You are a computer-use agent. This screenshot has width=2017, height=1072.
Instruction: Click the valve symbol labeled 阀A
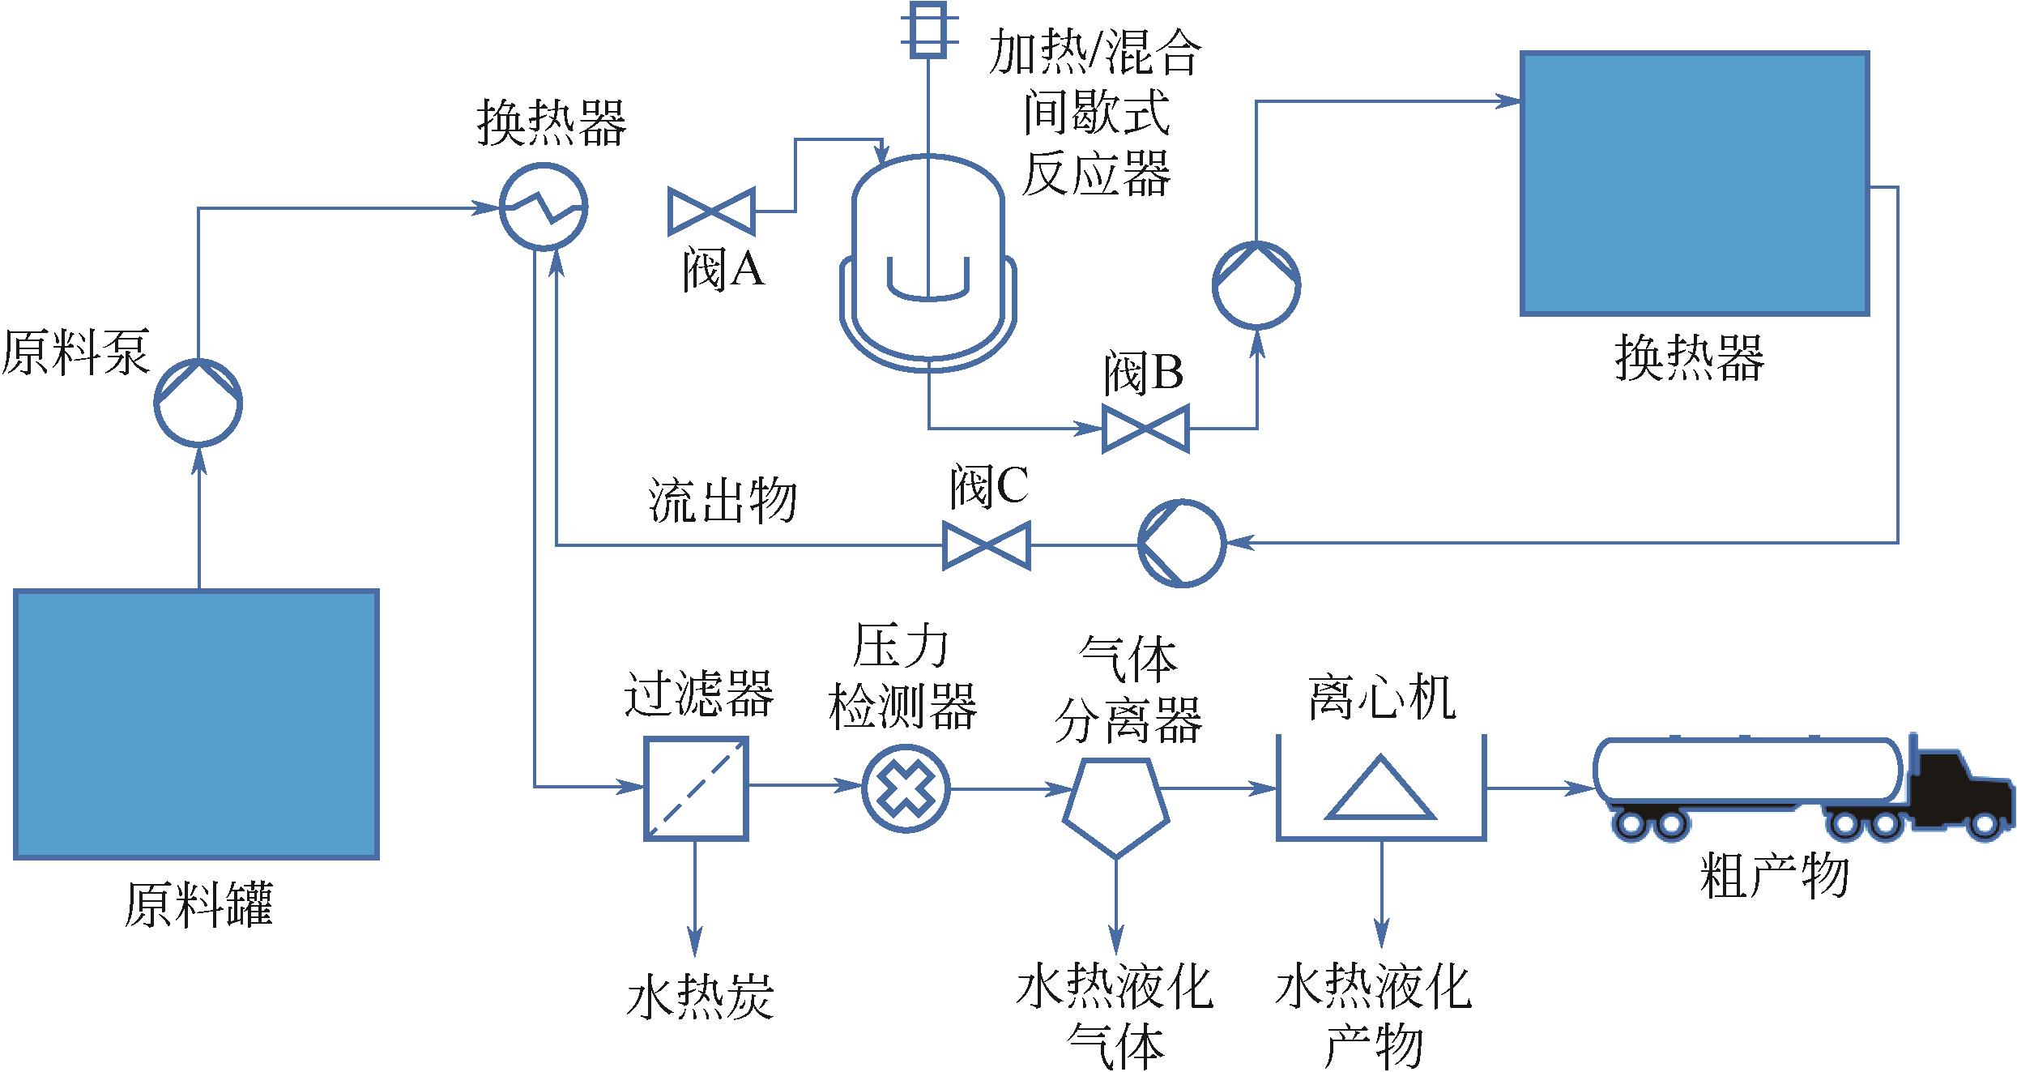pyautogui.click(x=711, y=211)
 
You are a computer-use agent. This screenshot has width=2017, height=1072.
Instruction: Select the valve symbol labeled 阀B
pyautogui.click(x=1145, y=428)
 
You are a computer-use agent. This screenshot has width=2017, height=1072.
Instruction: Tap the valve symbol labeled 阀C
pyautogui.click(x=987, y=545)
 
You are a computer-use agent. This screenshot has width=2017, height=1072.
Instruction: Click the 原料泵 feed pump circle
pyautogui.click(x=198, y=403)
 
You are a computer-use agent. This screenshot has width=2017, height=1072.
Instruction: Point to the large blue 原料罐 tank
pyautogui.click(x=197, y=724)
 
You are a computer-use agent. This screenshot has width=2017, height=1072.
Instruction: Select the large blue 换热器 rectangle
pyautogui.click(x=1695, y=183)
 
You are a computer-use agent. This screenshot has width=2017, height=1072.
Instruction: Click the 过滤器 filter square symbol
pyautogui.click(x=696, y=788)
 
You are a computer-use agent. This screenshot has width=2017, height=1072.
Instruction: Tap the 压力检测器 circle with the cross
pyautogui.click(x=905, y=788)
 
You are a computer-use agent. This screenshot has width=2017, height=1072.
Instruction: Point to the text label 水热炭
pyautogui.click(x=701, y=997)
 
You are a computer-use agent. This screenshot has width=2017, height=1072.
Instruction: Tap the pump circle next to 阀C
pyautogui.click(x=1181, y=543)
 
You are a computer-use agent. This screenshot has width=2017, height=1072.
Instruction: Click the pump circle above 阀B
pyautogui.click(x=1256, y=284)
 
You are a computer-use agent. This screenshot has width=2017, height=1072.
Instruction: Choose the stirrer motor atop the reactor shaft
pyautogui.click(x=928, y=28)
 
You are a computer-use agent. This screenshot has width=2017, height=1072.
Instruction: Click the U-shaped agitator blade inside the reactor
pyautogui.click(x=928, y=280)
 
